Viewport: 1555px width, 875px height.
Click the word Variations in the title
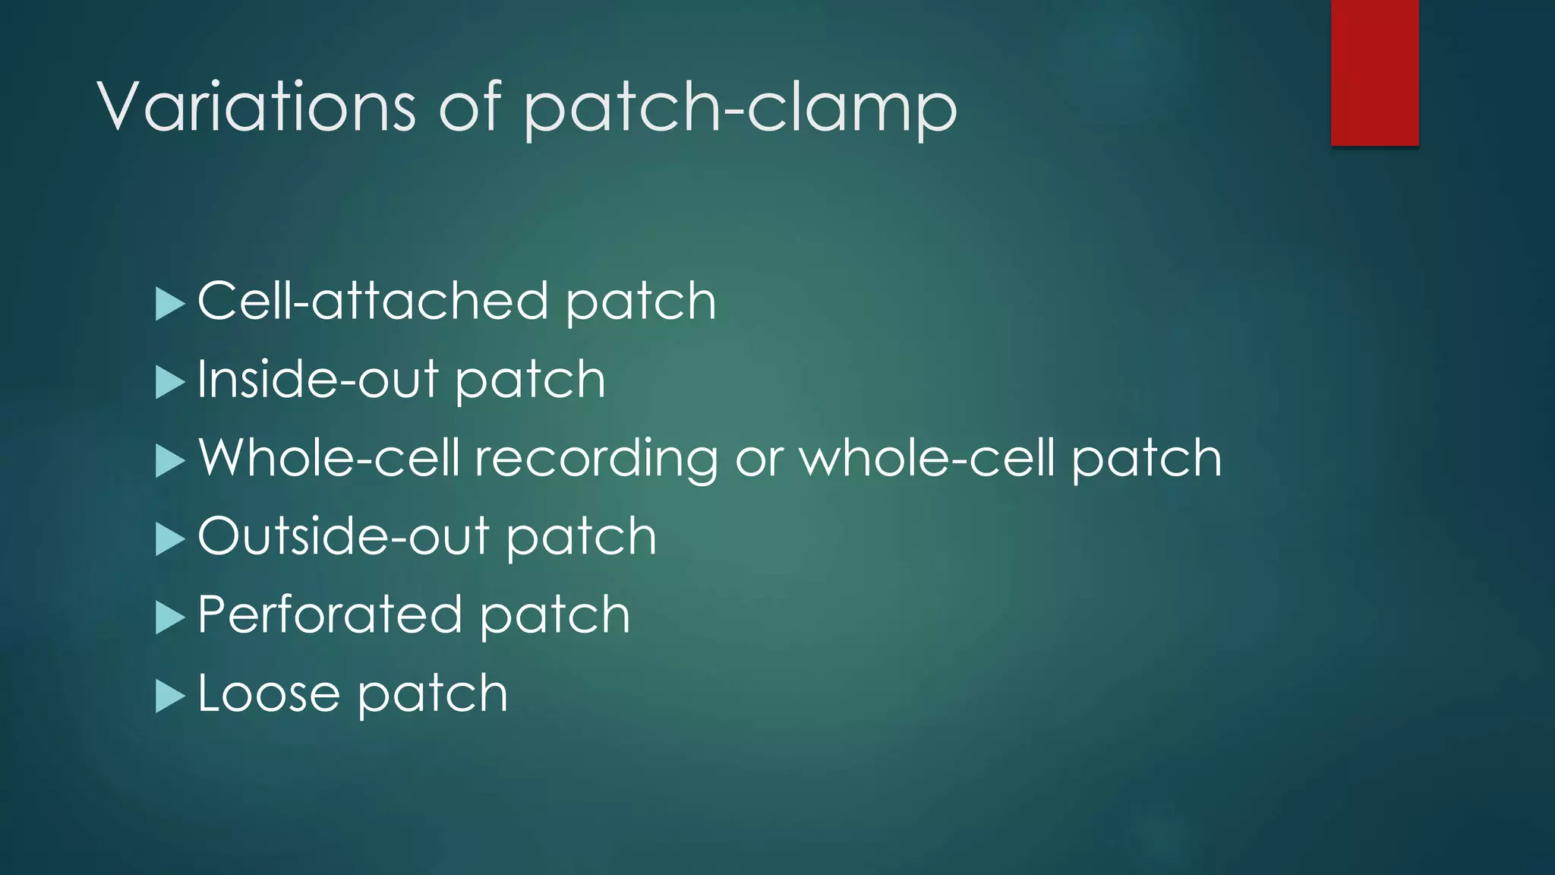[257, 106]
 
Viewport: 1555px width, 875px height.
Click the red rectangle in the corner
[1374, 72]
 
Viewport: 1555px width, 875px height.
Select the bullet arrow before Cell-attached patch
[169, 304]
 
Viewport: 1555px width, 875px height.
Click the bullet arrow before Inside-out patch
[169, 382]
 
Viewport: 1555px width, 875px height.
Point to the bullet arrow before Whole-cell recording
[169, 460]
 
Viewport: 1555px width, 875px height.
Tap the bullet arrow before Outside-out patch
[169, 539]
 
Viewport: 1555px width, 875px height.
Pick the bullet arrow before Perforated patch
[169, 618]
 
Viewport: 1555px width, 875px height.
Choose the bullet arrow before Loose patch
[169, 696]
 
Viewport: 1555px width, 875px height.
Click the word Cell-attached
[373, 301]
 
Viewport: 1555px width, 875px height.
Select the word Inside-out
[318, 379]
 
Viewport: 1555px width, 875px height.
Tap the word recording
[596, 459]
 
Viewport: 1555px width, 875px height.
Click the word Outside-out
[343, 536]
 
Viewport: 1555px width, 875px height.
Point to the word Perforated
[330, 614]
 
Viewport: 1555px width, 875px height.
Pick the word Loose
[268, 693]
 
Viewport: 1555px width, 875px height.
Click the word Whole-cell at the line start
[329, 458]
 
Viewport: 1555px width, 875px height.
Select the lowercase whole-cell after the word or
[927, 458]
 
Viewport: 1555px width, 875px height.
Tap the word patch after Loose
[432, 694]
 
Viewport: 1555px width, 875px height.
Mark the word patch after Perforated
[554, 615]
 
